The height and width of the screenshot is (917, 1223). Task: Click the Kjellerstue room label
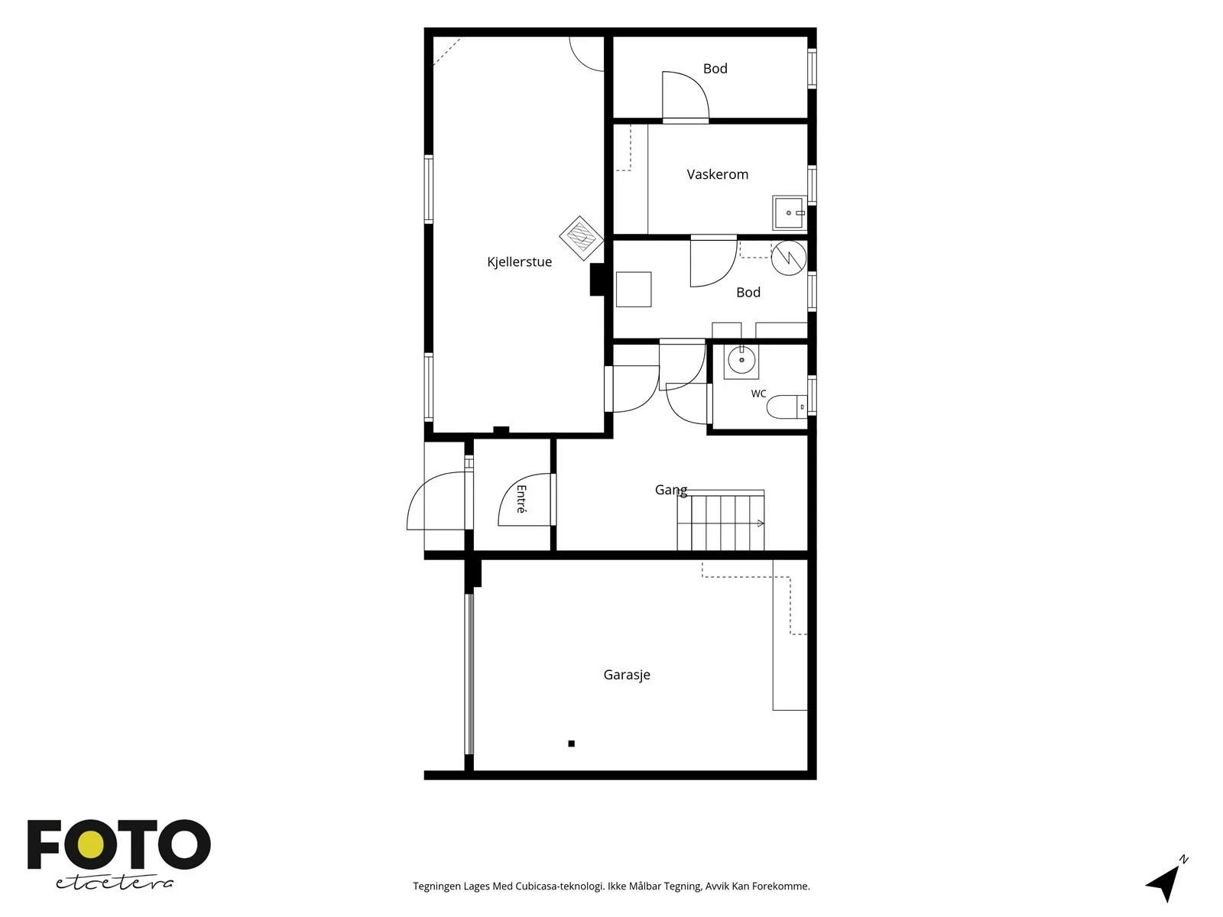tap(519, 261)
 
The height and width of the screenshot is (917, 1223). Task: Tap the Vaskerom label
tap(717, 174)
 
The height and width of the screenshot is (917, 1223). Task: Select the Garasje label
tap(627, 675)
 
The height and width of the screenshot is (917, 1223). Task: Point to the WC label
tap(758, 394)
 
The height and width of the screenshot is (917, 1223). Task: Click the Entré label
tap(521, 499)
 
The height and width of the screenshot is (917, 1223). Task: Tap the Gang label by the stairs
tap(671, 490)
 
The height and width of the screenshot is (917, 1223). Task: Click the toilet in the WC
tap(787, 407)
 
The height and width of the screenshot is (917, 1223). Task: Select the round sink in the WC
tap(741, 361)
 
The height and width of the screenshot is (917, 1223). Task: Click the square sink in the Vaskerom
tap(789, 212)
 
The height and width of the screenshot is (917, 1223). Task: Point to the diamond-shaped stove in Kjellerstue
tap(581, 238)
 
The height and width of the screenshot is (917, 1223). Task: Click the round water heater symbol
tap(789, 258)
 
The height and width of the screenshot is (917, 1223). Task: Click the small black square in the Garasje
tap(571, 744)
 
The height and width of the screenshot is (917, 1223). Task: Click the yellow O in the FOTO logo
tap(91, 845)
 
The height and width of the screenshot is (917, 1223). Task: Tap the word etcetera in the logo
tap(114, 883)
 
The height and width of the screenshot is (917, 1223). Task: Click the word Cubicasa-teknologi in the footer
tap(560, 886)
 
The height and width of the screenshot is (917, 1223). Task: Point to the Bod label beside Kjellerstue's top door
tap(715, 69)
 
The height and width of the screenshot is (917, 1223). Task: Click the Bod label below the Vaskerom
tap(748, 293)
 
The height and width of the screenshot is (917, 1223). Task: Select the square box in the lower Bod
tap(634, 289)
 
